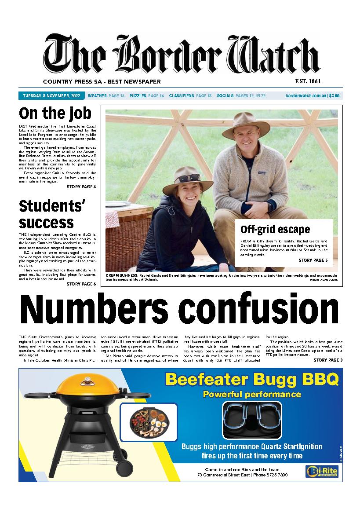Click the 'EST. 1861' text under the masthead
pos(308,81)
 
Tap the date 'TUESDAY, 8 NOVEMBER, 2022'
pos(50,95)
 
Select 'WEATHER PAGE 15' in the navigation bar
pos(106,95)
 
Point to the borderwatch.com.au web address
pos(305,95)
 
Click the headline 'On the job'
pos(55,113)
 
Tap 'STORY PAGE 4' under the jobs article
pos(81,187)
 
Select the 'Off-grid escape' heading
pos(275,230)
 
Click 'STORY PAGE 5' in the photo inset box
pos(313,260)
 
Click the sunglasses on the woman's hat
pos(186,179)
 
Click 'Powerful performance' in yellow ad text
pos(252,394)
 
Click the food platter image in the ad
pos(148,422)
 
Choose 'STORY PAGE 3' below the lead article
pos(328,360)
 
